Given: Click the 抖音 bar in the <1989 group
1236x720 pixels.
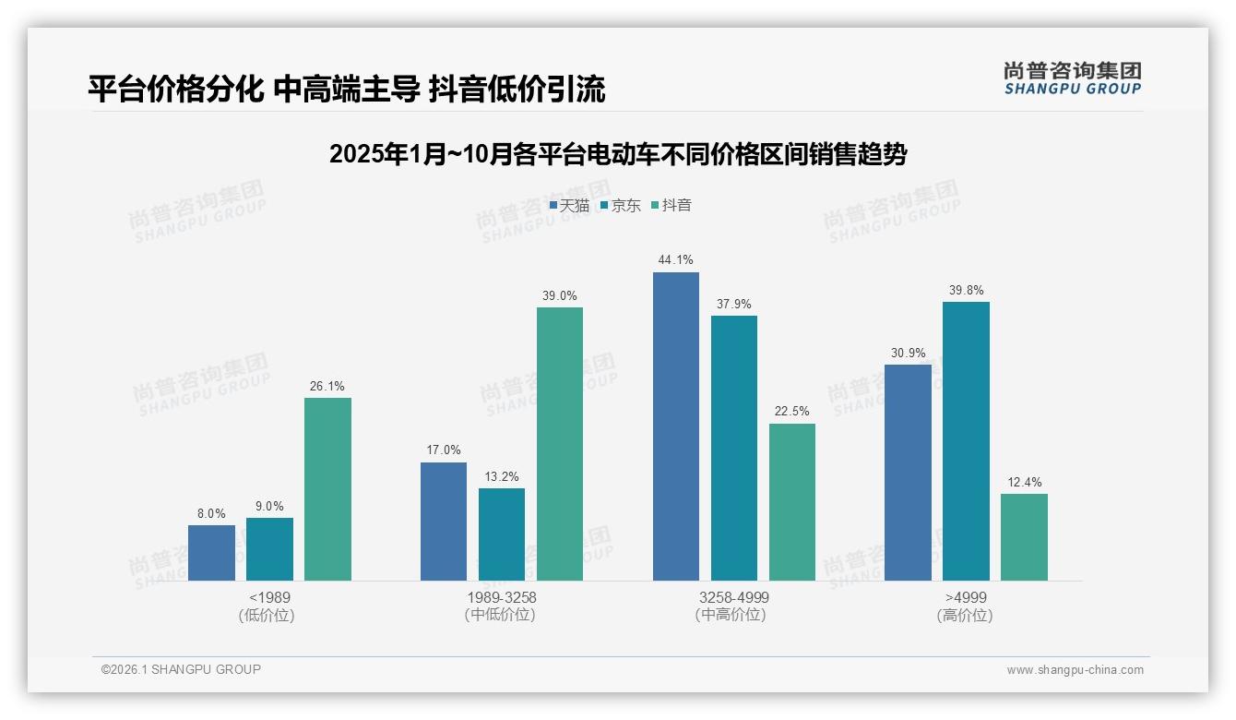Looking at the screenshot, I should pos(327,489).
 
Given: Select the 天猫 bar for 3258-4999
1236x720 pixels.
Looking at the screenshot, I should pos(675,426).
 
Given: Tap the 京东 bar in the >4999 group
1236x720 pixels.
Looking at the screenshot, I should pos(966,441).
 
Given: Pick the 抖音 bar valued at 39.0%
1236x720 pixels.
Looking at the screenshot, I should pos(560,444).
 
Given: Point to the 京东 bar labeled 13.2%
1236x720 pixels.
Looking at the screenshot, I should pos(502,534).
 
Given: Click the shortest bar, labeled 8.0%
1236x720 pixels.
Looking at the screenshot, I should pos(211,553).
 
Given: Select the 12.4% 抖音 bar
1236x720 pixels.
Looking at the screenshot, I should pos(1024,537).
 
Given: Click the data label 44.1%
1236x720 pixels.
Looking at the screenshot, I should pos(675,260).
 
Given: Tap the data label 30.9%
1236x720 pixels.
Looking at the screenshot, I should pos(908,353).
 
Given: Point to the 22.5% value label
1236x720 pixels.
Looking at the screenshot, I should pos(792,412).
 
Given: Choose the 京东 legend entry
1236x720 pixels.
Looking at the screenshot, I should pos(620,206).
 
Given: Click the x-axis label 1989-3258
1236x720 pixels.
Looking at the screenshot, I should pos(501,597).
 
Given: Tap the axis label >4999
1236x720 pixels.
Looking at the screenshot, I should pos(966,597).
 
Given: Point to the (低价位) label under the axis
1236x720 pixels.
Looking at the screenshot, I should pos(268,616).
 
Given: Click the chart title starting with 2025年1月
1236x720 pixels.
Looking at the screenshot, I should pos(618,154).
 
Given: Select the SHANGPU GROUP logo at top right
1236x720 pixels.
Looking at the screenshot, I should pos(1073,78).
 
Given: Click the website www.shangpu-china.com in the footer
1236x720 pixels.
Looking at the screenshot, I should pos(1075,670).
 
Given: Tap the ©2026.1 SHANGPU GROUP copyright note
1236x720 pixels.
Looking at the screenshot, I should pos(181,669).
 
